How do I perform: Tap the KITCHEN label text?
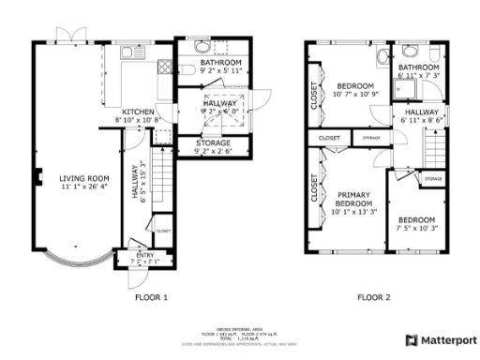coord(133,112)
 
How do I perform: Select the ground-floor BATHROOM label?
coord(221,62)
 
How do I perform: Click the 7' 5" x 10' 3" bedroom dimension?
coord(418,229)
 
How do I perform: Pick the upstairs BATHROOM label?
coord(418,67)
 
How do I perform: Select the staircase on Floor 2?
coord(435,148)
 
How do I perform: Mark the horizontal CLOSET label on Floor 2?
coord(329,139)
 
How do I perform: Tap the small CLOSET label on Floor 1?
coord(162,231)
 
